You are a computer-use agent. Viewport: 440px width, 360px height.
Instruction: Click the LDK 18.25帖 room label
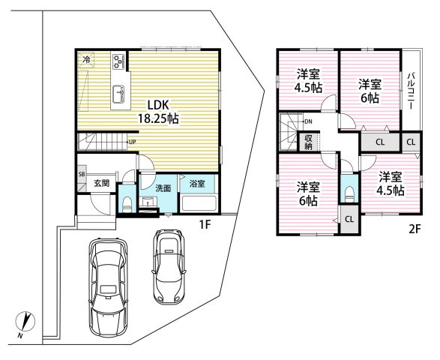158,112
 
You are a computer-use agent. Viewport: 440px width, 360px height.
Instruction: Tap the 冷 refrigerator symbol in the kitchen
87,59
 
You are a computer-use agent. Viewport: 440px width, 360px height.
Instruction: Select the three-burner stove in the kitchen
119,61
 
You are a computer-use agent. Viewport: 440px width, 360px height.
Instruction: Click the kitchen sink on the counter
118,94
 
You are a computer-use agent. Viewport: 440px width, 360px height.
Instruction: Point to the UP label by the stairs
133,142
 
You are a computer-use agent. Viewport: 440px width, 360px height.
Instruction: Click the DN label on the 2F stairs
308,121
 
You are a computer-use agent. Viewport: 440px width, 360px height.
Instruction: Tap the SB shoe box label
82,174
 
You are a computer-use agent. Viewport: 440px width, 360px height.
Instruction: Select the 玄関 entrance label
101,183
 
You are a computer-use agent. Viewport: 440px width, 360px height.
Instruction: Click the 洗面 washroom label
163,188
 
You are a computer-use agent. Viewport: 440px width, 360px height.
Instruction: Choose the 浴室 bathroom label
197,184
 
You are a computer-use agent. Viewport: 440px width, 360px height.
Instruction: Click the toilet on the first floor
127,205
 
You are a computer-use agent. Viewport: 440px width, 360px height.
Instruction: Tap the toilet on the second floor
349,194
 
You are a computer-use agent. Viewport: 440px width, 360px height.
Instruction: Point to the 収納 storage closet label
308,142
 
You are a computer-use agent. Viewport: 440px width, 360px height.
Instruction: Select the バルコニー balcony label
412,91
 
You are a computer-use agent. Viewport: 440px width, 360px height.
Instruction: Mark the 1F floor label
205,225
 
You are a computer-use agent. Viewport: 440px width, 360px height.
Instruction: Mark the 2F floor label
415,229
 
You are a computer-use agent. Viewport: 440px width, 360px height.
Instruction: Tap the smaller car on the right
169,267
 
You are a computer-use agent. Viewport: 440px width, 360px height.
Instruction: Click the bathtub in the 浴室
199,203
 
